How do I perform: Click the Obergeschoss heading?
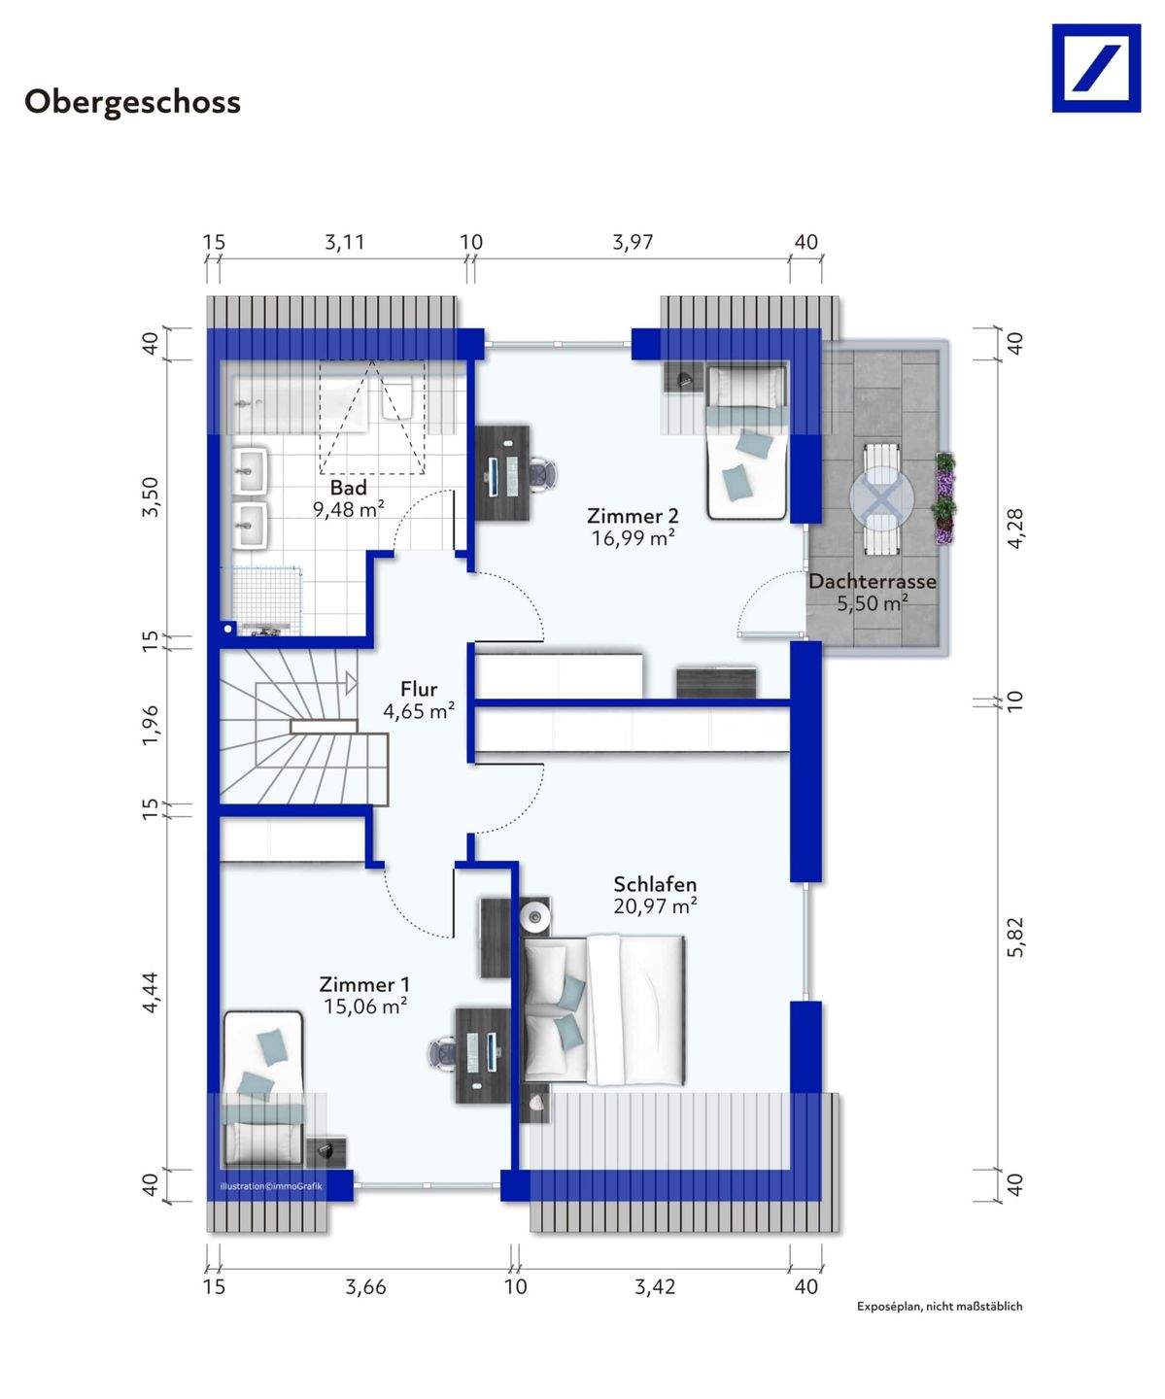coord(132,103)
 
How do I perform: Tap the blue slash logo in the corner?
coord(1096,68)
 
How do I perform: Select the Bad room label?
coord(349,487)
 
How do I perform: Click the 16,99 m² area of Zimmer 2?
coord(633,538)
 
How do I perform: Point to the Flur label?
coord(419,688)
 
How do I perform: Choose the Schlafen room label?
coord(655,884)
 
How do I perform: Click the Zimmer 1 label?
coord(364,984)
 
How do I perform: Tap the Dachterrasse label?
coord(873,581)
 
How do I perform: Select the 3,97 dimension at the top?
coord(633,242)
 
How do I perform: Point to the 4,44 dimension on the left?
coord(152,992)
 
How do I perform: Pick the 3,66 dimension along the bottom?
coord(366,1286)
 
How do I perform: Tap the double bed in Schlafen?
coord(604,1009)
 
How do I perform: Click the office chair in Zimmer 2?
coord(544,474)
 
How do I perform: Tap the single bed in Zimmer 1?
coord(263,1088)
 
